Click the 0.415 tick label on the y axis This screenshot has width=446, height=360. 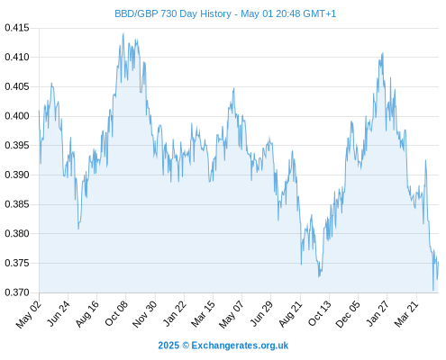tap(17, 28)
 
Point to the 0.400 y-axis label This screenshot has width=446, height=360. tap(17, 116)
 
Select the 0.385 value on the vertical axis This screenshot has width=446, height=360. tap(17, 204)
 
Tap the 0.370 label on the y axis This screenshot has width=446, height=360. tap(17, 292)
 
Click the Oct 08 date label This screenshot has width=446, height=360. tap(116, 313)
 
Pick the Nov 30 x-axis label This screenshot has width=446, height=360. tap(144, 314)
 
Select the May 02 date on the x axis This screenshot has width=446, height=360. tap(29, 314)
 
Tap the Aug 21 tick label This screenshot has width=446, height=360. tap(290, 314)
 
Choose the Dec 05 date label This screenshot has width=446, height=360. tap(348, 314)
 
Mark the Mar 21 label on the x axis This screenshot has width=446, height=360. tap(406, 314)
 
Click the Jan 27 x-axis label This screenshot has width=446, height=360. tap(378, 313)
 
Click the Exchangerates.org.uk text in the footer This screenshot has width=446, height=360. tap(240, 346)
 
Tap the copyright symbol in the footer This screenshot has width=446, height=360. tap(186, 346)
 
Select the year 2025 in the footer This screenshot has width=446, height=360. tap(168, 346)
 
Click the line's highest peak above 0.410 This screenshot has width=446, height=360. tap(123, 33)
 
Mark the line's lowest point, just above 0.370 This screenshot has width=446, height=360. tap(433, 290)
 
